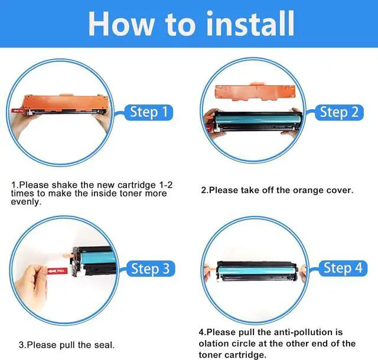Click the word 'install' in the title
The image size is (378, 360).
coord(250,24)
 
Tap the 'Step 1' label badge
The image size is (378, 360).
coord(148,112)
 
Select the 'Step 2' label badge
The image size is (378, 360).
coord(339,112)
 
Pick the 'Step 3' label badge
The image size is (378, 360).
coord(150,269)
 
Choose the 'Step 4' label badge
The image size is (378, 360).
coord(343,268)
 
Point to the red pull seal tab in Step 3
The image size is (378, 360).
coord(57,271)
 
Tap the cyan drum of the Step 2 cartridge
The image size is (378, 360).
coord(258,119)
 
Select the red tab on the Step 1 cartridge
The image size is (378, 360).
coord(17,111)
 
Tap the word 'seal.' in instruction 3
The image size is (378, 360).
coord(105,345)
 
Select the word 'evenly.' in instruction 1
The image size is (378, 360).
coord(26,202)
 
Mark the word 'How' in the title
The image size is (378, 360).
coord(122,24)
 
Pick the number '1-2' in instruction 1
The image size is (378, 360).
coord(165,185)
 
